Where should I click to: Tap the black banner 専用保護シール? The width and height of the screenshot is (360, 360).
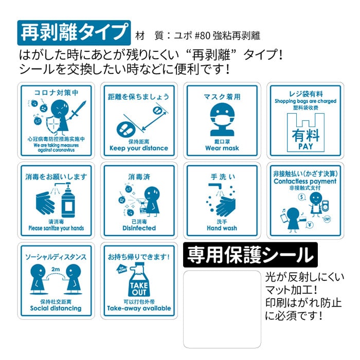click(250, 254)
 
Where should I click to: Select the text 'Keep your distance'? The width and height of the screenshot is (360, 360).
click(139, 149)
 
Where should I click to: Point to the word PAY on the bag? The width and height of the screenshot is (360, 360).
click(305, 147)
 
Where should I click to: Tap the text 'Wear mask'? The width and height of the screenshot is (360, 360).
click(222, 148)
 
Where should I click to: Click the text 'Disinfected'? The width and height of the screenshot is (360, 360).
click(139, 228)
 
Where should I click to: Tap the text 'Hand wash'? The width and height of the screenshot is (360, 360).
click(222, 228)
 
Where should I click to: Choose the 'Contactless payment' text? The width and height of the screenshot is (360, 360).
click(305, 182)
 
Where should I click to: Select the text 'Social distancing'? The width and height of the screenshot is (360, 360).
click(56, 309)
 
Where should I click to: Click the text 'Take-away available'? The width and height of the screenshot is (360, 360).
click(139, 309)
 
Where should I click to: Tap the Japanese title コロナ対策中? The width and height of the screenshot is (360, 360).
click(56, 93)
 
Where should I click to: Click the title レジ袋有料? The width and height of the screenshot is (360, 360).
click(305, 94)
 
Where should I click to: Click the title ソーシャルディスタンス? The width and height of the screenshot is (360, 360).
click(56, 256)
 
